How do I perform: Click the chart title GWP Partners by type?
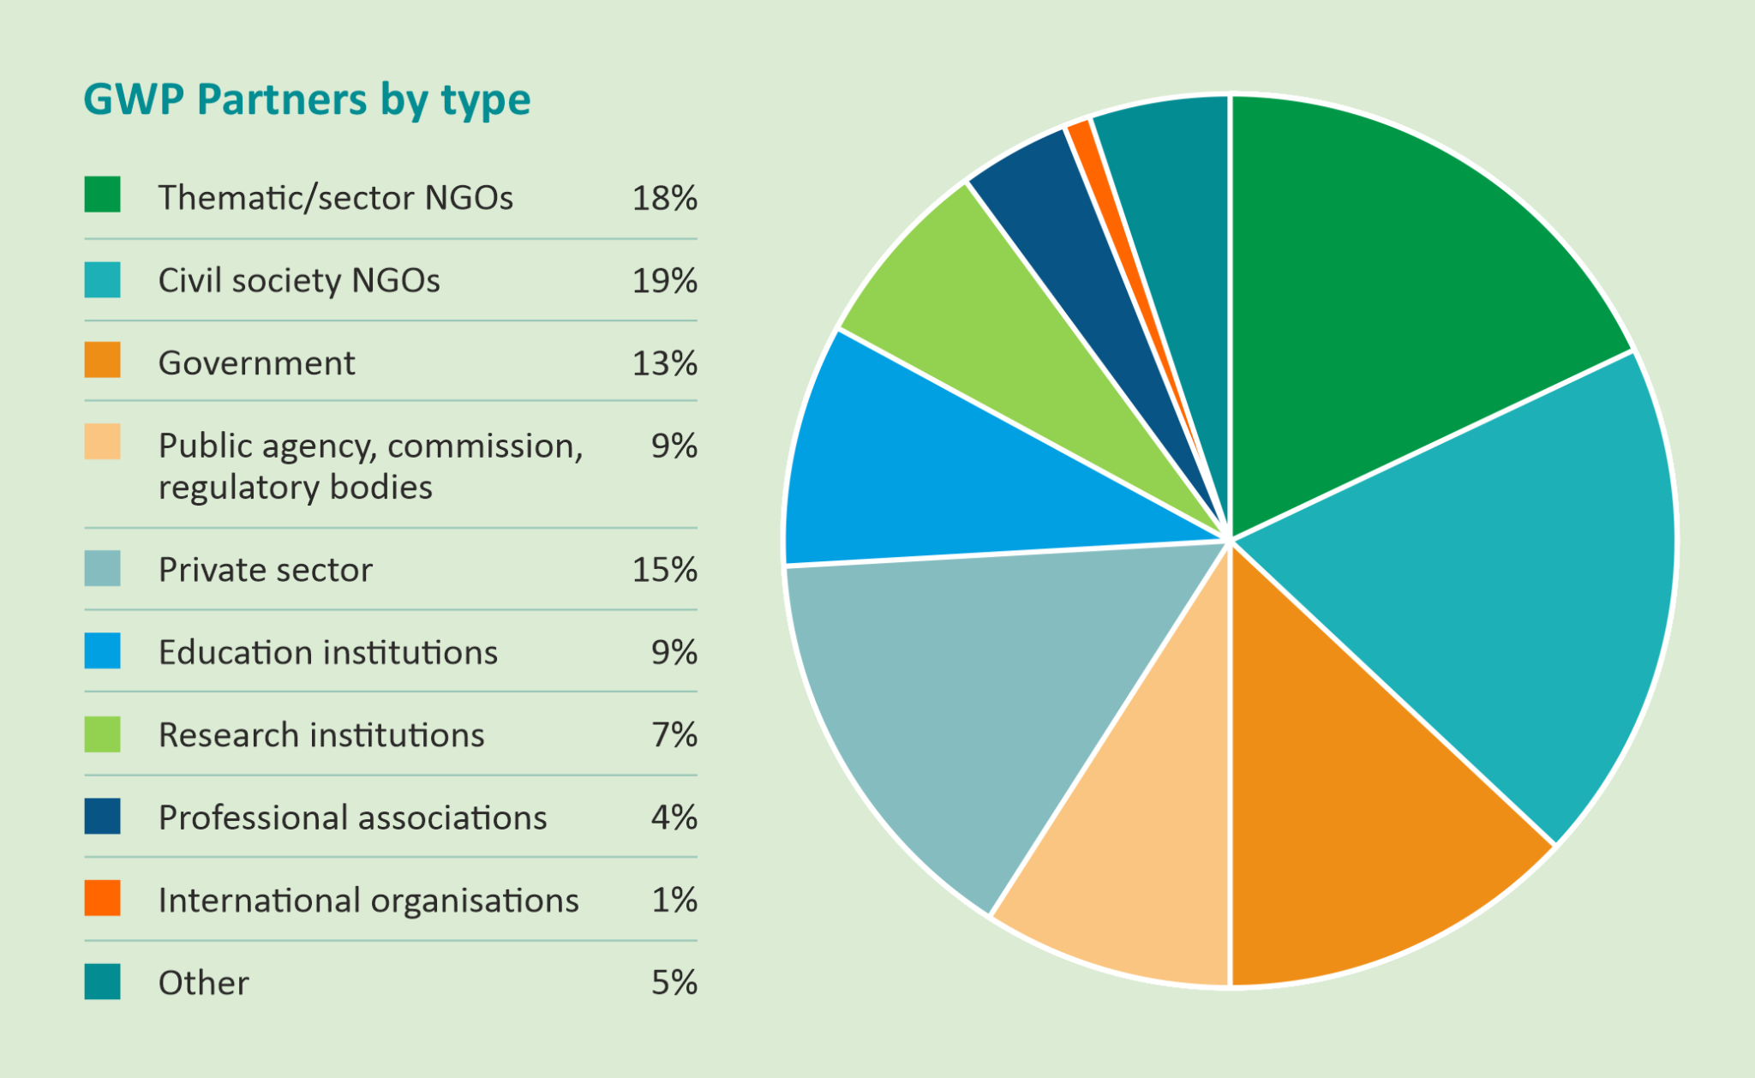[307, 100]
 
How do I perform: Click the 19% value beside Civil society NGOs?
[664, 281]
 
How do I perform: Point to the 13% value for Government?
[664, 364]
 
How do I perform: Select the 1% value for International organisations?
[674, 901]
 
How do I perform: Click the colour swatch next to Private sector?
[102, 569]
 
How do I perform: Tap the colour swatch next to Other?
[102, 982]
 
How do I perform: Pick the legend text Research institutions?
[321, 735]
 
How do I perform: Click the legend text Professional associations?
[352, 818]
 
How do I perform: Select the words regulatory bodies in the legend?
[296, 488]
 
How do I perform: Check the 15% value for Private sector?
[664, 570]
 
